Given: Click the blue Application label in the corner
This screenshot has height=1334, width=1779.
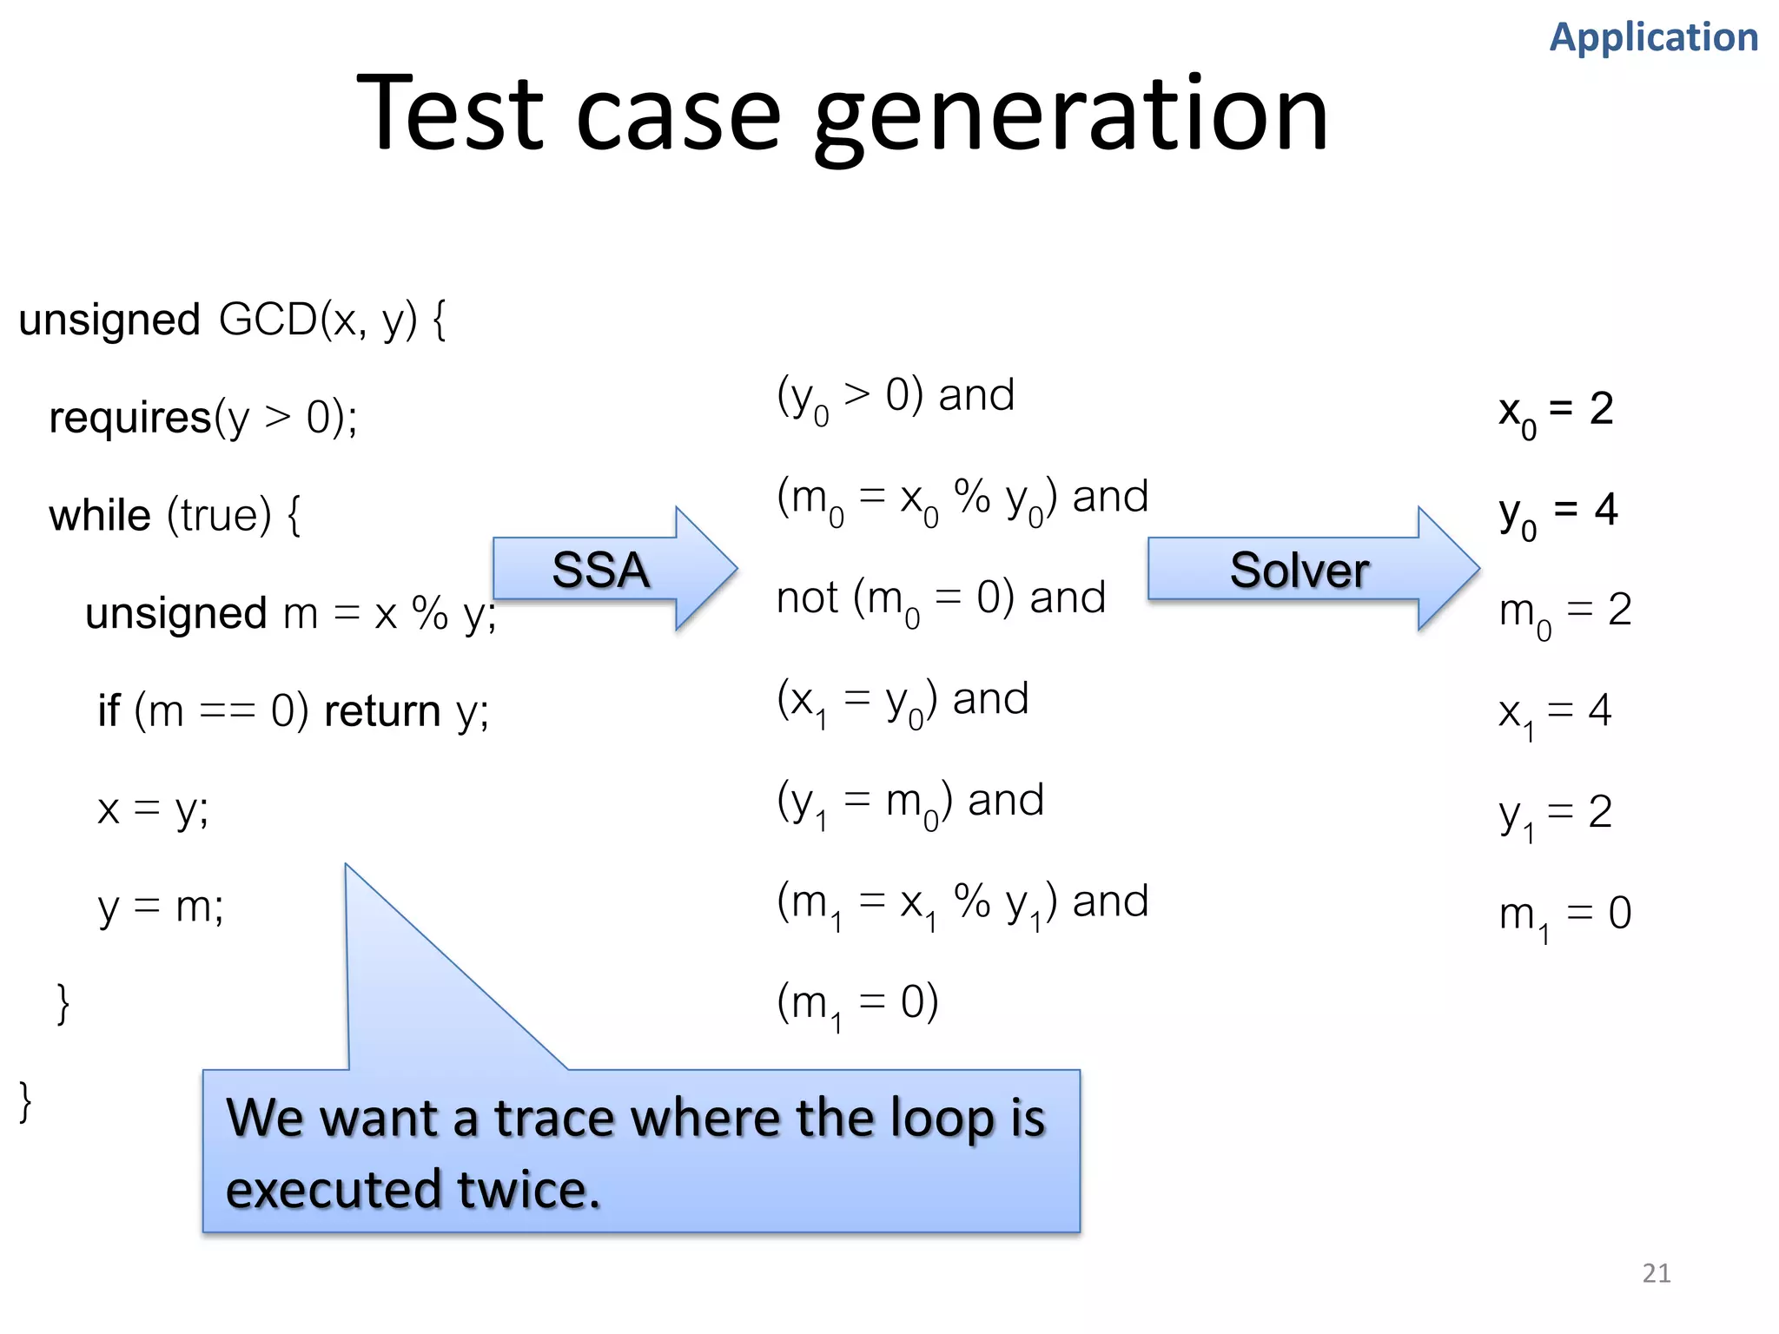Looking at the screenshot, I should pyautogui.click(x=1653, y=38).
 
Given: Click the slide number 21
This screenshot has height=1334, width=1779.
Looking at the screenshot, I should pyautogui.click(x=1656, y=1273).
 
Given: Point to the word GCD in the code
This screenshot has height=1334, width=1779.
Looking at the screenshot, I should pyautogui.click(x=268, y=320).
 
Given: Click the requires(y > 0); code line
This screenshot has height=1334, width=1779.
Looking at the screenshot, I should pyautogui.click(x=202, y=418).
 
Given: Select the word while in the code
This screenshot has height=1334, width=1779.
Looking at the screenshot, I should pyautogui.click(x=100, y=516).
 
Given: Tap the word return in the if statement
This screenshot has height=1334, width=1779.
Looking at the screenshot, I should pyautogui.click(x=382, y=711).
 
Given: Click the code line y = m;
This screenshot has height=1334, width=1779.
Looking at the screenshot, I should pyautogui.click(x=161, y=908).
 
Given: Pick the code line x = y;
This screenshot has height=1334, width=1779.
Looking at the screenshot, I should pyautogui.click(x=153, y=810).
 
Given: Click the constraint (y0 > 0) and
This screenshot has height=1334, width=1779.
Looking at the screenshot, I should pyautogui.click(x=895, y=397).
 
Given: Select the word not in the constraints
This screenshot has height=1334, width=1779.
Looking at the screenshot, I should pyautogui.click(x=807, y=598).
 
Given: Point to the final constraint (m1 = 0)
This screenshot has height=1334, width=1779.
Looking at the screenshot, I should pyautogui.click(x=857, y=1004).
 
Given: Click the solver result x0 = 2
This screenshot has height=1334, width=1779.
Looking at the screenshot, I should pyautogui.click(x=1555, y=411).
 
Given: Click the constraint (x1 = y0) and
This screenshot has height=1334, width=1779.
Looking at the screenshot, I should pyautogui.click(x=902, y=701).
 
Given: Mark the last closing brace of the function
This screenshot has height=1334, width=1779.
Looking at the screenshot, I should pyautogui.click(x=26, y=1102).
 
